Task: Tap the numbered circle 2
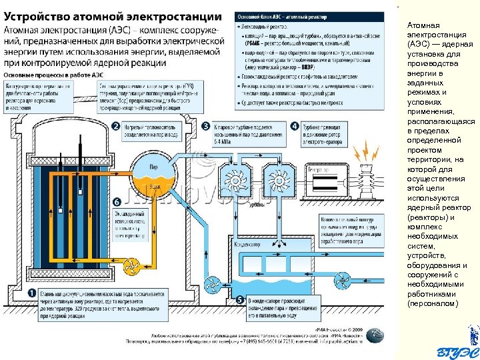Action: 115,127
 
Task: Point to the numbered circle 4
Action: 295,127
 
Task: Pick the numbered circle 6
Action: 117,201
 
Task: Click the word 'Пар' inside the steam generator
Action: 153,167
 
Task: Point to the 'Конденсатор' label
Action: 247,245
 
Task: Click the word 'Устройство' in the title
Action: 40,15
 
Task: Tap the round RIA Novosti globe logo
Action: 375,335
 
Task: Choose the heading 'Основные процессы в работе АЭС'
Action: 51,75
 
